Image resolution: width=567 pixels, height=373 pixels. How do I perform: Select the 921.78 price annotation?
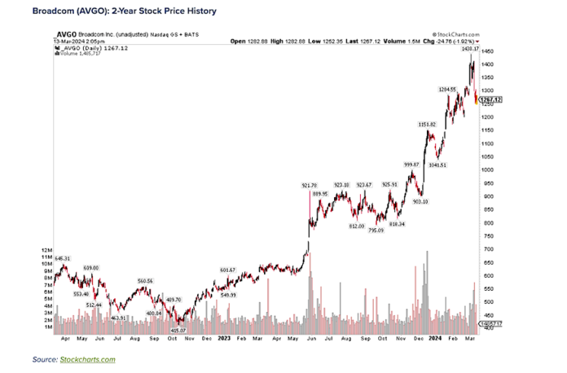tap(310, 186)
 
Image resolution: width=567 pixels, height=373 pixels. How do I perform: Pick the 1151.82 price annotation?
tap(427, 124)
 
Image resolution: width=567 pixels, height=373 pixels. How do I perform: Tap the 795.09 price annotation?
tap(376, 230)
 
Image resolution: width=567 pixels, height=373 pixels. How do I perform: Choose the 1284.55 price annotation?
tap(451, 89)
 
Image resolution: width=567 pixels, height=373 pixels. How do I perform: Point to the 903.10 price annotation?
tap(421, 201)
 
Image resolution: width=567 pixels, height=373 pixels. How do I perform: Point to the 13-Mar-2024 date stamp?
tap(71, 38)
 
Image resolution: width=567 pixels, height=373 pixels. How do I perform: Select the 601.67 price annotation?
tap(226, 270)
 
